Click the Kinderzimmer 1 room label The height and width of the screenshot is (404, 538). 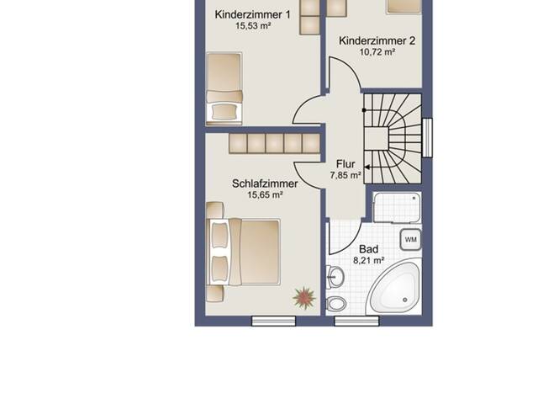pyautogui.click(x=252, y=15)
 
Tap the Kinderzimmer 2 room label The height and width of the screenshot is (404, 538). pyautogui.click(x=377, y=41)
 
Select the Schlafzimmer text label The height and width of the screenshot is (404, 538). pyautogui.click(x=265, y=183)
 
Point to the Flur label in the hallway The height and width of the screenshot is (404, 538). pyautogui.click(x=345, y=164)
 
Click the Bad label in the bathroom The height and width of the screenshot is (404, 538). pyautogui.click(x=368, y=249)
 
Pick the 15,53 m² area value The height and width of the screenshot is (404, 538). pyautogui.click(x=253, y=26)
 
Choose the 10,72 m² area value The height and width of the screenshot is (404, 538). pyautogui.click(x=377, y=52)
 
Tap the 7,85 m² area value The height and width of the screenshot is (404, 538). pyautogui.click(x=345, y=175)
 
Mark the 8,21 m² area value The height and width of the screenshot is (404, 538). pyautogui.click(x=368, y=260)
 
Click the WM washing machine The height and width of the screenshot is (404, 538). pyautogui.click(x=411, y=239)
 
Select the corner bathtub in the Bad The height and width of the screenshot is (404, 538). pyautogui.click(x=394, y=289)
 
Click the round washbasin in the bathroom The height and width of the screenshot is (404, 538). pyautogui.click(x=335, y=277)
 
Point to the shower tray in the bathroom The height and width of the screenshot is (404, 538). pyautogui.click(x=397, y=208)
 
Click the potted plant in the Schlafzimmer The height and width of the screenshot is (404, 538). pyautogui.click(x=304, y=297)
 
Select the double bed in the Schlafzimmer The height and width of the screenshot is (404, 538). pyautogui.click(x=243, y=252)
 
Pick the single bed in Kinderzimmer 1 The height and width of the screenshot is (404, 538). pyautogui.click(x=224, y=88)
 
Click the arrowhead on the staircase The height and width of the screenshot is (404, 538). pyautogui.click(x=367, y=167)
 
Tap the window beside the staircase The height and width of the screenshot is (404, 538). pyautogui.click(x=427, y=137)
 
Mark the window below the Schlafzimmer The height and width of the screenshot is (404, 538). pyautogui.click(x=273, y=321)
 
